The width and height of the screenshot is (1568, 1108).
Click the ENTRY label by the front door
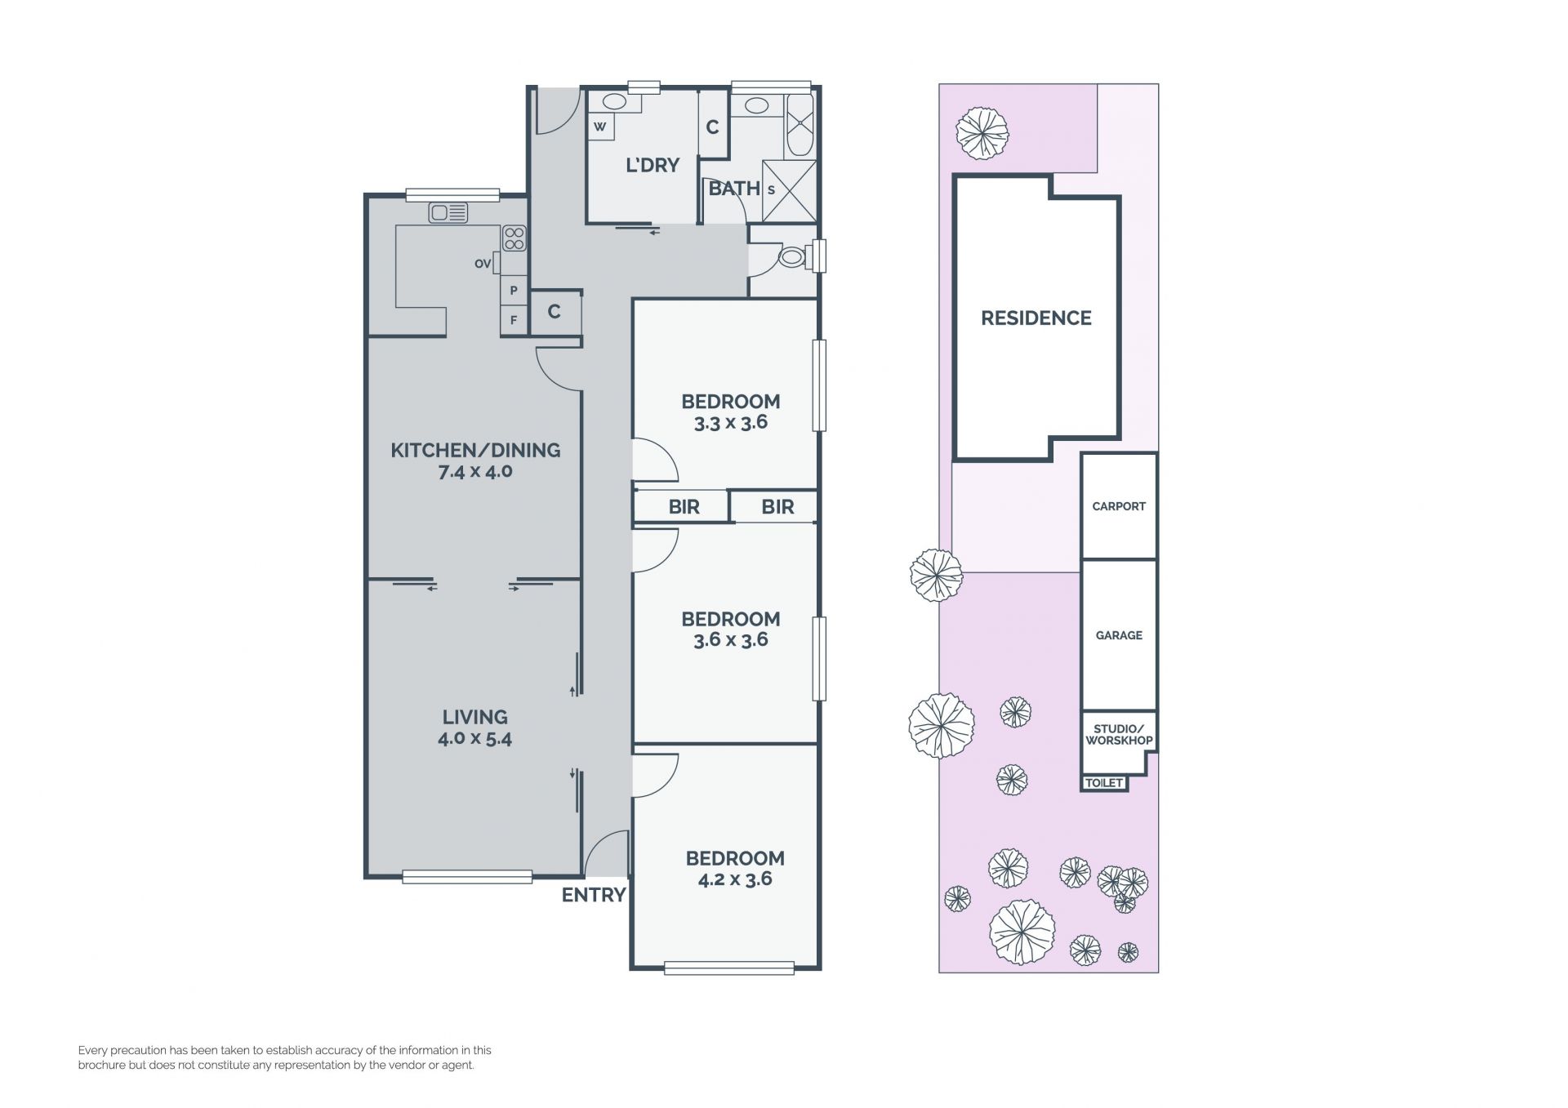coord(594,895)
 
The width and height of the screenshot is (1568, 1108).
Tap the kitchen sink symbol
coord(448,213)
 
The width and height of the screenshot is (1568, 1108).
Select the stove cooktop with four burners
coord(514,238)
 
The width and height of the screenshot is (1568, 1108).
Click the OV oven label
coord(483,264)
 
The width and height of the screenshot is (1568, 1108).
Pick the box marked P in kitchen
coord(514,291)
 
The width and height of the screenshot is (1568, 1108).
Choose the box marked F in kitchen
coord(514,320)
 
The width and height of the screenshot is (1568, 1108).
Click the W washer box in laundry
coord(600,127)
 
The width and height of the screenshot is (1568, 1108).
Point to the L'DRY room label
coord(653,165)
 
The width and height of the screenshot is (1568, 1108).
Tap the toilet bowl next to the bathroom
coord(791,258)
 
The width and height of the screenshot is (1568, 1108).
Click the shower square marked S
coord(789,191)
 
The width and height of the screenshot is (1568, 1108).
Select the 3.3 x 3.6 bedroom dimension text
coord(731,422)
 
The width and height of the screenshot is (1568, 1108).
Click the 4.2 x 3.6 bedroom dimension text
coord(735,879)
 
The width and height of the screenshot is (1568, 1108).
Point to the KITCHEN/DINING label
coord(475,450)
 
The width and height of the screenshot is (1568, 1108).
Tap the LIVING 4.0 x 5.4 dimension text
coord(474,739)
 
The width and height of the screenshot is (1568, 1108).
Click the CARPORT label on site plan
coord(1119,506)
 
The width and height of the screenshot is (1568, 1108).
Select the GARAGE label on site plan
coord(1119,635)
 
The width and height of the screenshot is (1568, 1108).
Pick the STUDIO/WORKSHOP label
coord(1119,735)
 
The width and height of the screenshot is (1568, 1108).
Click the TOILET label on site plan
coord(1104,783)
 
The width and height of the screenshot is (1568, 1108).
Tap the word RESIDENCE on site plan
coord(1036,318)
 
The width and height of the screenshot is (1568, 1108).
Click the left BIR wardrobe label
coord(684,507)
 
